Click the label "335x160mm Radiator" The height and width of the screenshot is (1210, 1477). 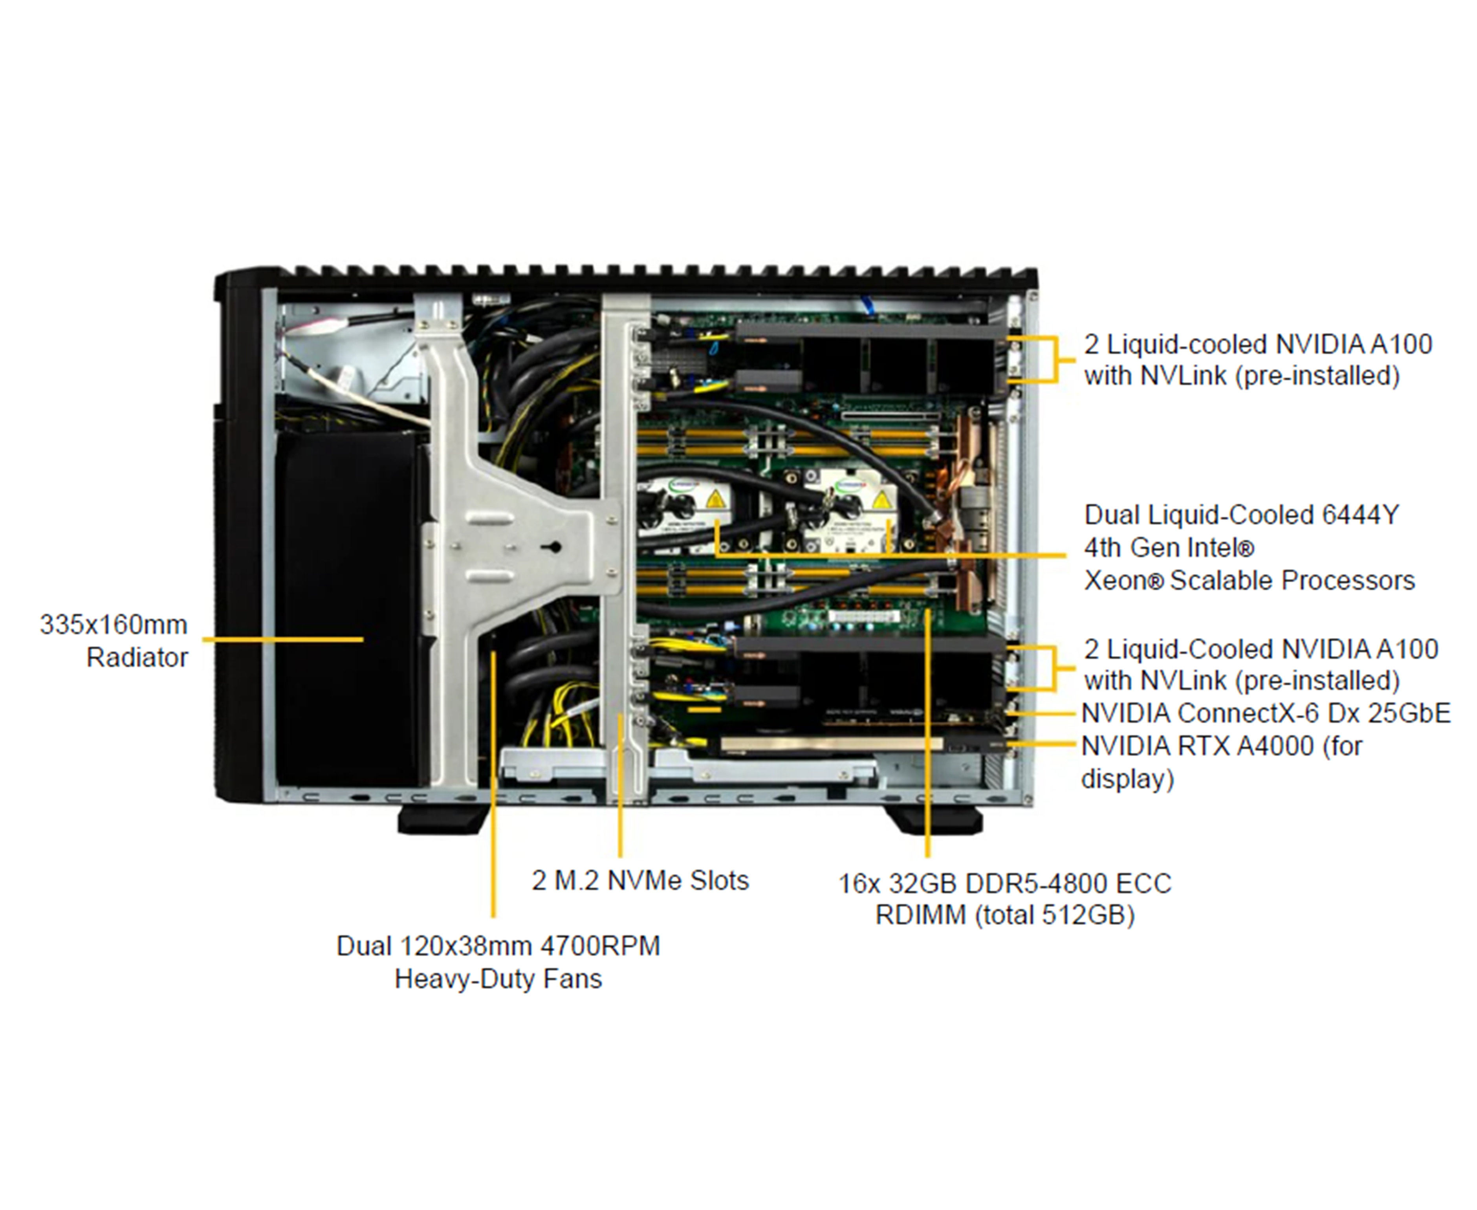coord(114,640)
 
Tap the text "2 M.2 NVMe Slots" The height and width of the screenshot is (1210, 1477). coord(640,880)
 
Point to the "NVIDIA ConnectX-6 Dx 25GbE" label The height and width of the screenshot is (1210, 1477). coord(1265,713)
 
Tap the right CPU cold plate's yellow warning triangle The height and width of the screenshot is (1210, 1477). coord(882,500)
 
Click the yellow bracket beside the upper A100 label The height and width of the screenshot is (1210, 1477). coord(1055,359)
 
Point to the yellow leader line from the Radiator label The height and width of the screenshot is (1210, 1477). coord(282,639)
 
